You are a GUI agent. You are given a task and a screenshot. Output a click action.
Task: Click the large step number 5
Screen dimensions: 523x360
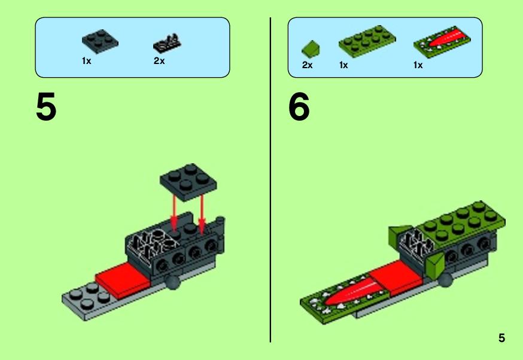coord(46,106)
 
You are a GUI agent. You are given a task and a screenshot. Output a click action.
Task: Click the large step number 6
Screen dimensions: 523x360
coord(299,106)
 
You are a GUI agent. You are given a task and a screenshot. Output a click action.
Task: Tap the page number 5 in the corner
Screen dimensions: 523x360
coord(501,338)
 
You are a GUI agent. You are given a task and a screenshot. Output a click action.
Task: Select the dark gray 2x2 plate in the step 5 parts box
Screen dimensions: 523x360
coord(100,41)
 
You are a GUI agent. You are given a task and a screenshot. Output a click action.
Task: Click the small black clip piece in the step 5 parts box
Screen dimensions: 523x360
coord(167,43)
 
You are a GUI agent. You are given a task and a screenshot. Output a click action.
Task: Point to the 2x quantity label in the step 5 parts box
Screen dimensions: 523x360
coord(159,61)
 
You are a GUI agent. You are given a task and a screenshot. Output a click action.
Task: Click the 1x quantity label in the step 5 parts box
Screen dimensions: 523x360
coord(86,61)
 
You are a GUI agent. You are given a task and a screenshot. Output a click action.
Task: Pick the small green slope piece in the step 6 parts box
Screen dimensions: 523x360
coord(311,48)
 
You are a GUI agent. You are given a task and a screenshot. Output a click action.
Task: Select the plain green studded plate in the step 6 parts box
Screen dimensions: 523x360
coord(367,41)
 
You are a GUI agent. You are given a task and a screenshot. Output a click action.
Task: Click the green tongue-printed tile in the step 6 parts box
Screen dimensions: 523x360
coord(442,42)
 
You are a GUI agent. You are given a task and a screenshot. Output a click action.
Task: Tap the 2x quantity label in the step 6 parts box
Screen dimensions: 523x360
coord(307,65)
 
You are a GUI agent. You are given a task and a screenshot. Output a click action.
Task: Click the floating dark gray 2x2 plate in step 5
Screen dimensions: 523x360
coord(188,182)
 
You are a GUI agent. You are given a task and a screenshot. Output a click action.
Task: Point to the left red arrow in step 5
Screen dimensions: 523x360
coord(174,211)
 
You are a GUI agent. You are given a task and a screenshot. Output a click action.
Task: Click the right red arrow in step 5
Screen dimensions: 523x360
coord(202,211)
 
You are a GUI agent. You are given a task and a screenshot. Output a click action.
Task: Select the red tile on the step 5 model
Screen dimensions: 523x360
coord(123,280)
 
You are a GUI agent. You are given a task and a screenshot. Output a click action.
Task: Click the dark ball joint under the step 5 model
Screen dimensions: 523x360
coord(173,282)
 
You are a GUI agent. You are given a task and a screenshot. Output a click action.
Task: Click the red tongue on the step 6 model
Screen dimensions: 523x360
coord(354,291)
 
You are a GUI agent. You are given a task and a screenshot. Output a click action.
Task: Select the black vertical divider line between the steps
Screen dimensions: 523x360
coord(270,180)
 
